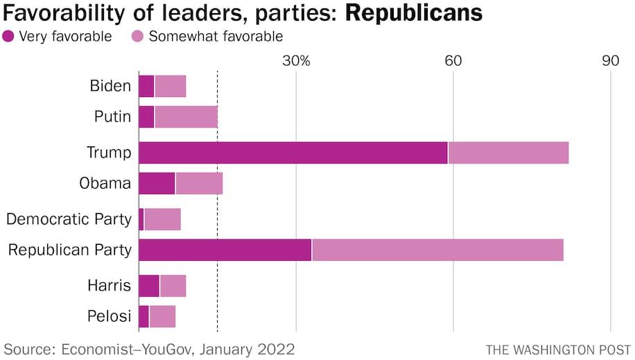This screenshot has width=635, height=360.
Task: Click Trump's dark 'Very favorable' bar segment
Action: pyautogui.click(x=293, y=153)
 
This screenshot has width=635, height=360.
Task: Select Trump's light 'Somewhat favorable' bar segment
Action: pyautogui.click(x=508, y=153)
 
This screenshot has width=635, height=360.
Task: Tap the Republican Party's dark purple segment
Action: pyautogui.click(x=225, y=250)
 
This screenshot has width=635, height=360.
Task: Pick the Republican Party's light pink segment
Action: pyautogui.click(x=437, y=250)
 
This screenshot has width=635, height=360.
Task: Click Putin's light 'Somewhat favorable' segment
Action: pyautogui.click(x=186, y=117)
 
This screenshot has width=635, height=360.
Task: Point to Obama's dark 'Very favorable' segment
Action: pyautogui.click(x=157, y=184)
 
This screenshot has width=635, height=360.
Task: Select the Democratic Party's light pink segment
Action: pyautogui.click(x=162, y=219)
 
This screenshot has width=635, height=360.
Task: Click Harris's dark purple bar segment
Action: pyautogui.click(x=149, y=286)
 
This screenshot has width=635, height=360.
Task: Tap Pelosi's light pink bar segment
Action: pyautogui.click(x=162, y=316)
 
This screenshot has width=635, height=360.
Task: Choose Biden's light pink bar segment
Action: pyautogui.click(x=170, y=87)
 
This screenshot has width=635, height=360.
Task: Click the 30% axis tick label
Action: pyautogui.click(x=296, y=60)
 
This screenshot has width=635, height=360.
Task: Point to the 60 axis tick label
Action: pyautogui.click(x=453, y=60)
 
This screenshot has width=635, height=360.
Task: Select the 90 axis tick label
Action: pyautogui.click(x=610, y=60)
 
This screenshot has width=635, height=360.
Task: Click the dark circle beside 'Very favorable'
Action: pyautogui.click(x=9, y=36)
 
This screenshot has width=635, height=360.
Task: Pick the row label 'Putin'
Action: pyautogui.click(x=112, y=117)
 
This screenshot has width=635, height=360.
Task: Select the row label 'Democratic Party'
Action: pyautogui.click(x=69, y=219)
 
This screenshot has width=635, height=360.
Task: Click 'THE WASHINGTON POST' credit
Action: pyautogui.click(x=558, y=349)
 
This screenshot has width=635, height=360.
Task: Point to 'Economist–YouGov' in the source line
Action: pyautogui.click(x=128, y=348)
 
